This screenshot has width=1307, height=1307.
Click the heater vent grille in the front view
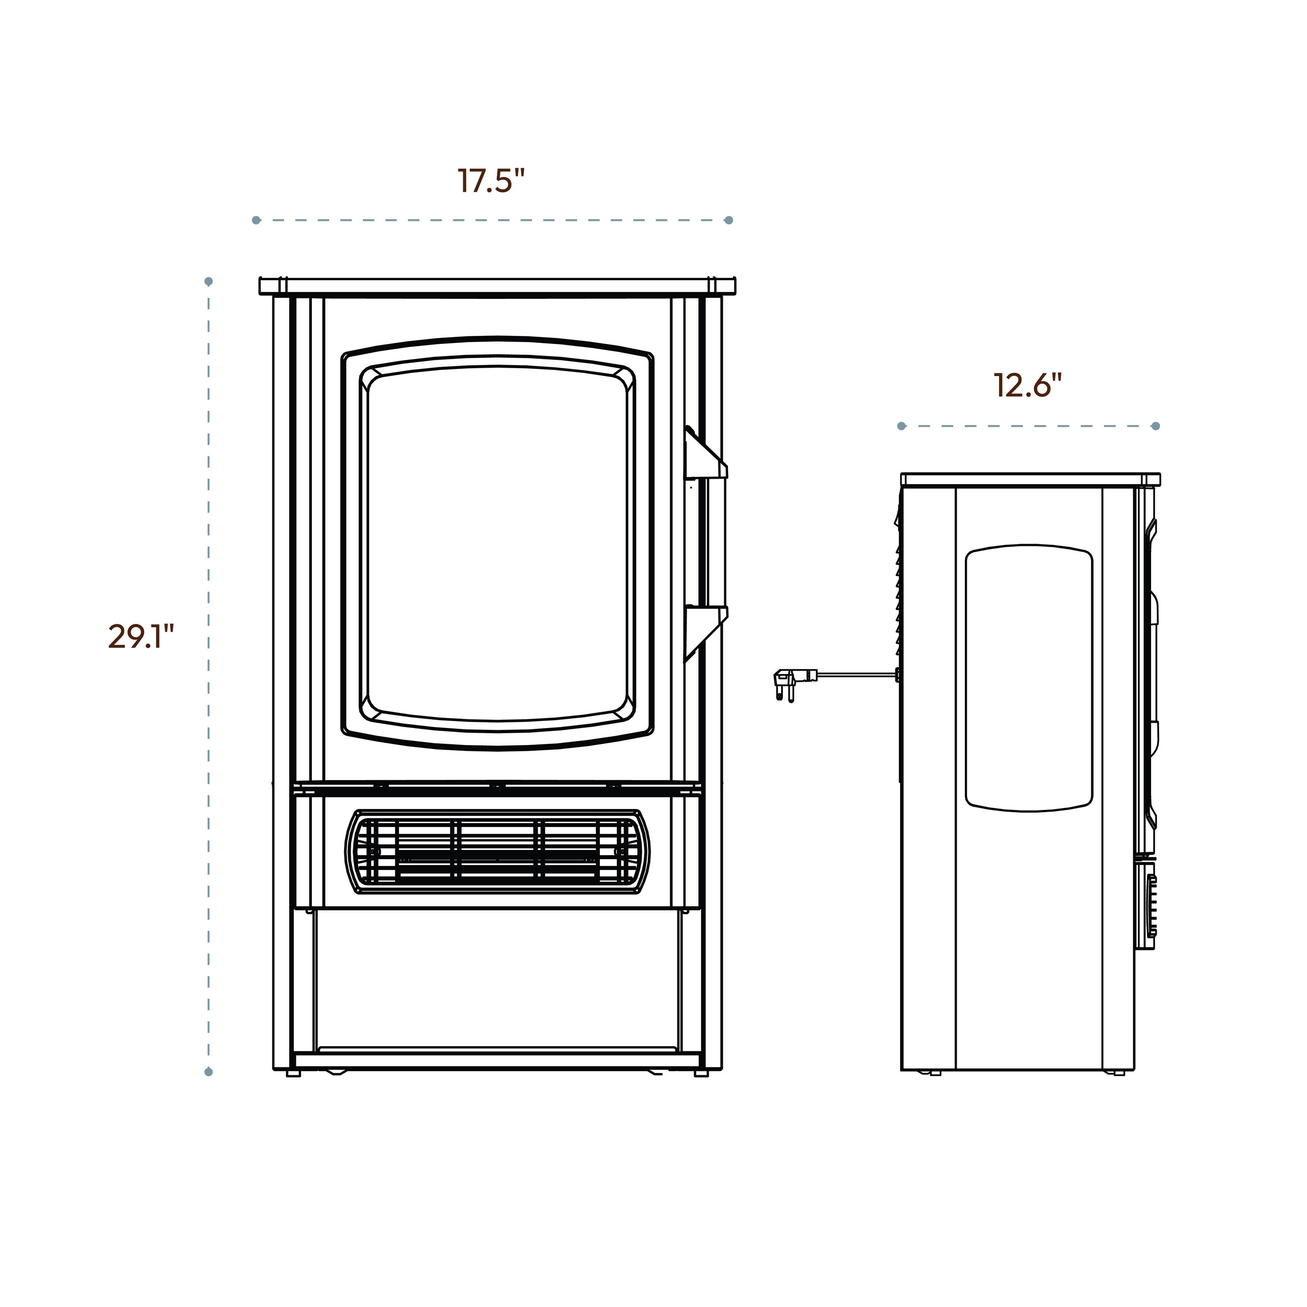click(x=497, y=852)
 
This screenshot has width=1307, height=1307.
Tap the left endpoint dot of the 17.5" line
click(x=256, y=220)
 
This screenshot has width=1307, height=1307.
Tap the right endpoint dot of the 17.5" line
click(x=728, y=220)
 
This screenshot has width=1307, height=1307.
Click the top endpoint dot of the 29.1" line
click(x=208, y=281)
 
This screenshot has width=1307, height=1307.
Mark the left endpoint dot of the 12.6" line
click(x=901, y=426)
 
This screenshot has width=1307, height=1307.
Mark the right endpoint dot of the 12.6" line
click(x=1155, y=426)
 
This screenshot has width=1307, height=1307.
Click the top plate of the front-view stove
click(x=497, y=285)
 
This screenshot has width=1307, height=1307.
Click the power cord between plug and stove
click(x=856, y=674)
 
